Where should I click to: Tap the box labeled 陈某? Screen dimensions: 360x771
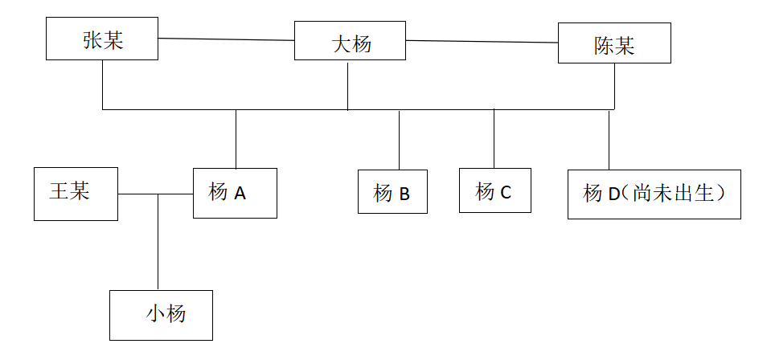[x=614, y=43]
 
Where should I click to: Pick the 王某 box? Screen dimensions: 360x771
[x=76, y=194]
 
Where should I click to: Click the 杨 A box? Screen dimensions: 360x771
[x=235, y=193]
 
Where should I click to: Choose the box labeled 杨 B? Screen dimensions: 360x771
[x=392, y=192]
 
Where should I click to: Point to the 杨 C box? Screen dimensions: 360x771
[x=494, y=190]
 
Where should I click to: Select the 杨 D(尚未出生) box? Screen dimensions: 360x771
[x=654, y=194]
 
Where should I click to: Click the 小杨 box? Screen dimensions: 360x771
[x=161, y=315]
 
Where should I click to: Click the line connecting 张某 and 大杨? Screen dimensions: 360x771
[x=226, y=39]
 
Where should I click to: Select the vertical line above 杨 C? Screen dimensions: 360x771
[x=494, y=138]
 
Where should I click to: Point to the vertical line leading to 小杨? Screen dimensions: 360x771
[x=158, y=241]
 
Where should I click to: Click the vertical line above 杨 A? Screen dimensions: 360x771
[x=236, y=138]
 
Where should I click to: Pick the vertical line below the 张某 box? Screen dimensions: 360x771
[x=103, y=84]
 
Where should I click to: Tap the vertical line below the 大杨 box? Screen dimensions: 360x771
[x=347, y=84]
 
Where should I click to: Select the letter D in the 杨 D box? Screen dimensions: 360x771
[x=615, y=194]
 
